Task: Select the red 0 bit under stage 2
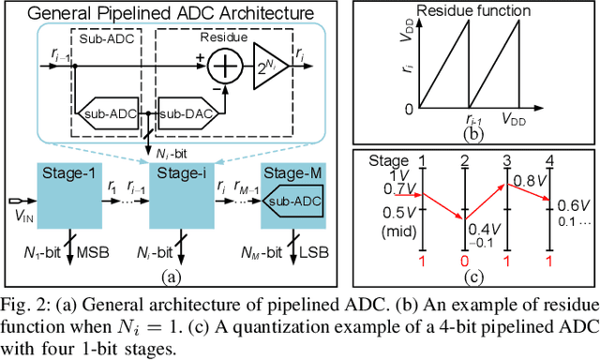click(465, 259)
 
